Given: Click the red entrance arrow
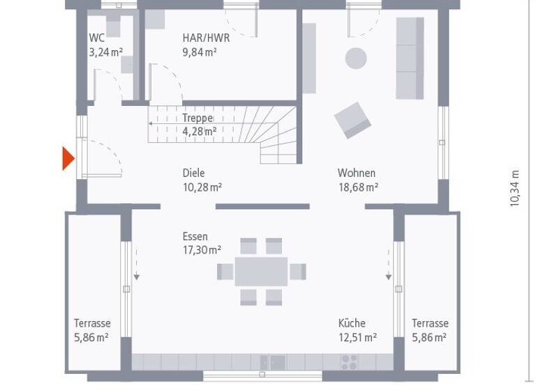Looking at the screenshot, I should (67, 158).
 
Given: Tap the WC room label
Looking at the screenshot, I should (96, 38).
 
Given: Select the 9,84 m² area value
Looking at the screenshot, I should (200, 52).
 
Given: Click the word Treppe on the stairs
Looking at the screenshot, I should (198, 118).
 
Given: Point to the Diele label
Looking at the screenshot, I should (194, 173).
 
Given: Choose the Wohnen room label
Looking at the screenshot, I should (357, 173).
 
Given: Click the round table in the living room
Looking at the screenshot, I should (357, 58).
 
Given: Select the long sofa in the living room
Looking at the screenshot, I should (410, 58).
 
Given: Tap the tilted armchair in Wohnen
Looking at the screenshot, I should (352, 120).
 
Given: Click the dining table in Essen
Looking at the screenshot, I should (261, 272).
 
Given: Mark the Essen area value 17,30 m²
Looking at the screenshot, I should (202, 249).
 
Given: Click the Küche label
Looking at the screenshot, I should (352, 323).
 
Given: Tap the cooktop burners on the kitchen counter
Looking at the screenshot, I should (348, 362).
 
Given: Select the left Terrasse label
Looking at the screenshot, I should (92, 323).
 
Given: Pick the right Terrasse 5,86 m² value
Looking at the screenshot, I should (430, 337).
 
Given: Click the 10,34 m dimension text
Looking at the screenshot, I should (515, 188).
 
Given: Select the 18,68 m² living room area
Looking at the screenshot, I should (358, 187).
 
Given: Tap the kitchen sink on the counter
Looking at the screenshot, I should (273, 362).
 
